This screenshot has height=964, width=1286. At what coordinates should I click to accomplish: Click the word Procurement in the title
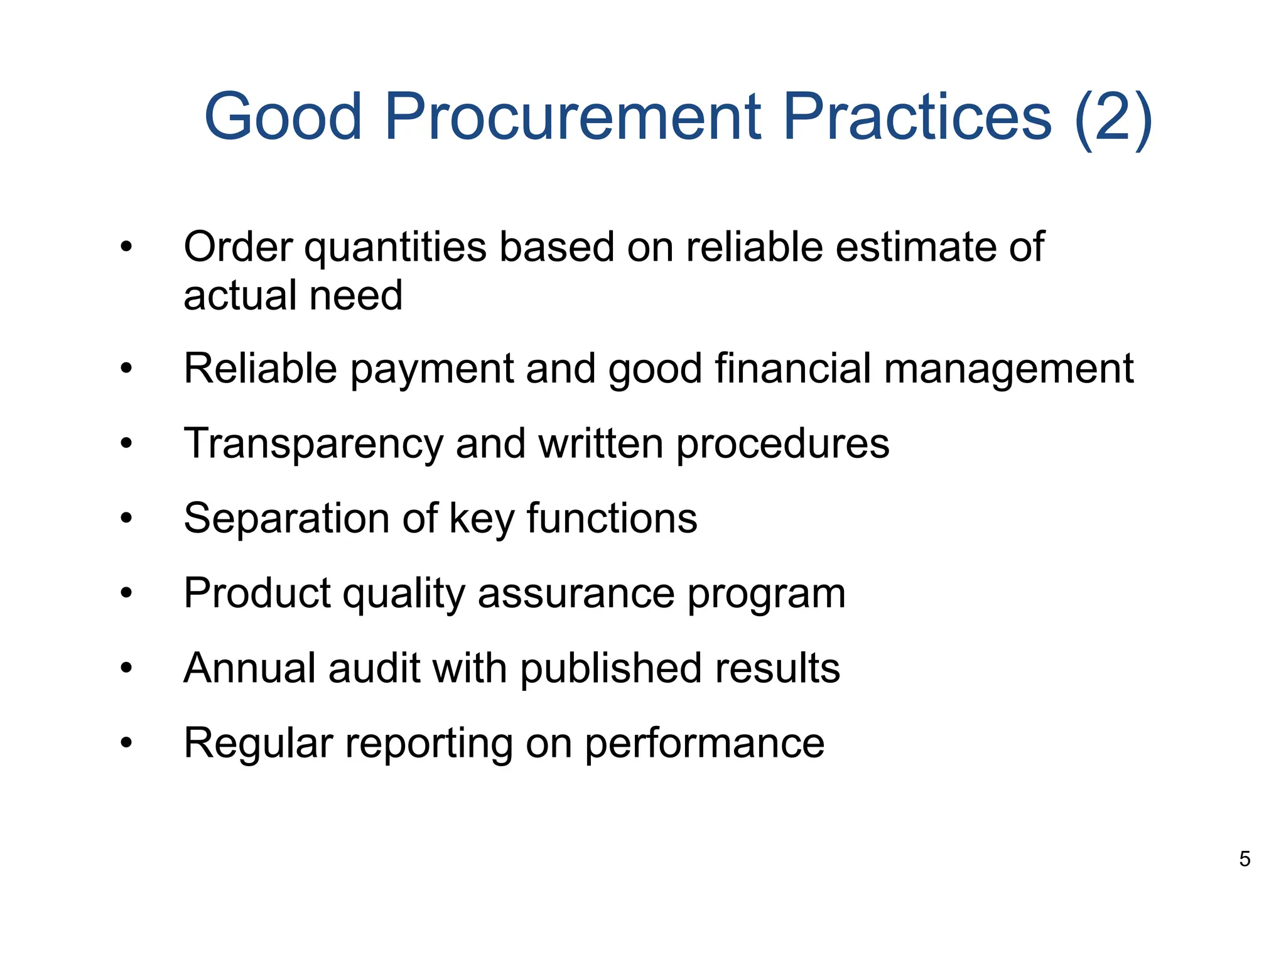(x=572, y=117)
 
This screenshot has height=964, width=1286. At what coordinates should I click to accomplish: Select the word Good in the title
(x=283, y=117)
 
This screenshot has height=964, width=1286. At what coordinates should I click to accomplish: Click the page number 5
(x=1245, y=858)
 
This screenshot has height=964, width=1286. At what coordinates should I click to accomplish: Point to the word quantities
(x=396, y=248)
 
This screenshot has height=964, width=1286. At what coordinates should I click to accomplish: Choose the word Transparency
(x=313, y=444)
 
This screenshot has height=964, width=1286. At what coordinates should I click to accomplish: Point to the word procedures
(x=782, y=444)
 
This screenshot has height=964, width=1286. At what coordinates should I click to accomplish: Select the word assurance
(x=576, y=593)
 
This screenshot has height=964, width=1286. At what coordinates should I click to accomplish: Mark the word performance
(x=705, y=744)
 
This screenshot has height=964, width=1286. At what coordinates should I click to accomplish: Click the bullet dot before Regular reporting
(x=127, y=744)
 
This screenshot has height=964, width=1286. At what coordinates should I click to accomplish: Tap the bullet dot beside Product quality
(x=127, y=593)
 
